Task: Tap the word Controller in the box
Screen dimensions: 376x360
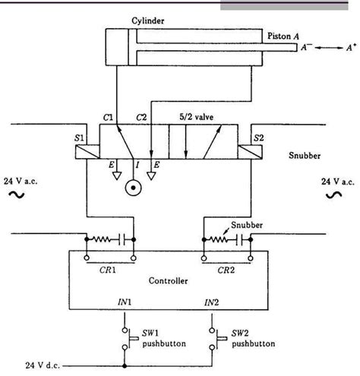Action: click(x=169, y=280)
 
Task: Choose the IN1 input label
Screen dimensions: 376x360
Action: click(x=124, y=302)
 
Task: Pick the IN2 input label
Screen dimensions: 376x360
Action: click(x=212, y=302)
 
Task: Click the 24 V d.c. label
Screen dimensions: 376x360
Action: click(x=38, y=363)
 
